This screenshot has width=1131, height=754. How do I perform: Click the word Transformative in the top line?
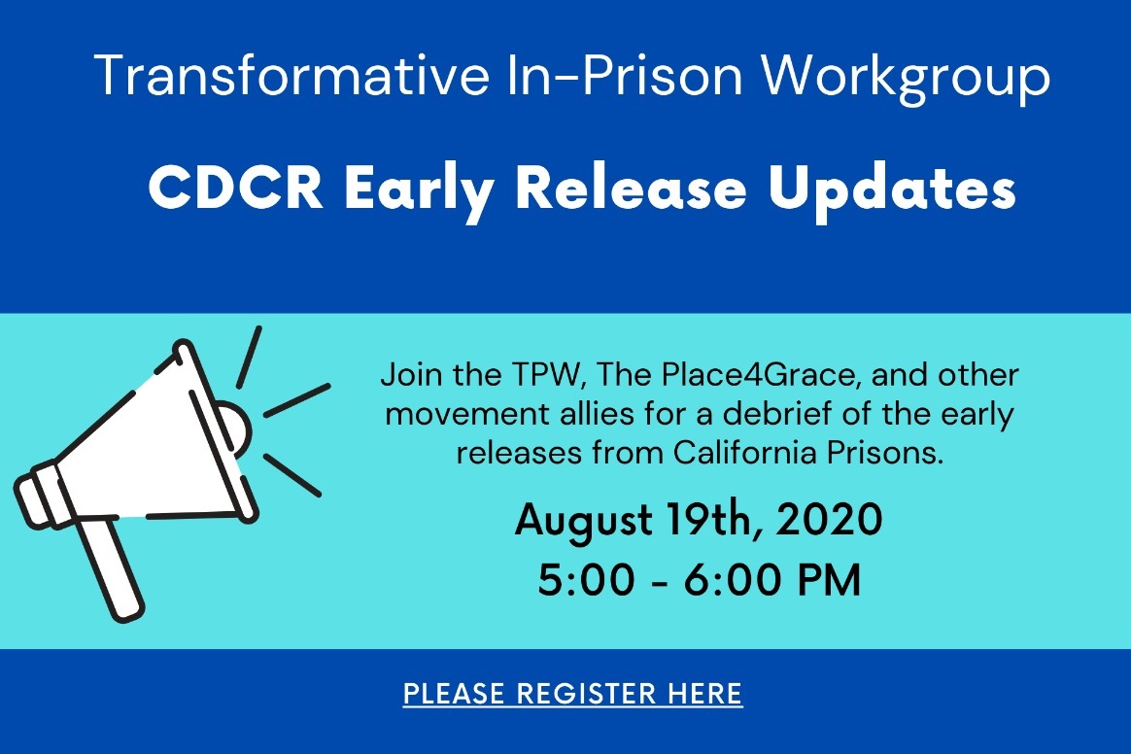(x=291, y=74)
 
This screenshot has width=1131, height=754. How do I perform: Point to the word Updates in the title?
(x=892, y=189)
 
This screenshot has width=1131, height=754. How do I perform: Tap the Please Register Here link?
(x=572, y=694)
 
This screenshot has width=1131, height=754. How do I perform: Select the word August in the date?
(x=584, y=521)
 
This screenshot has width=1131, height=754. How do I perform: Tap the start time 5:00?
(x=587, y=579)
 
